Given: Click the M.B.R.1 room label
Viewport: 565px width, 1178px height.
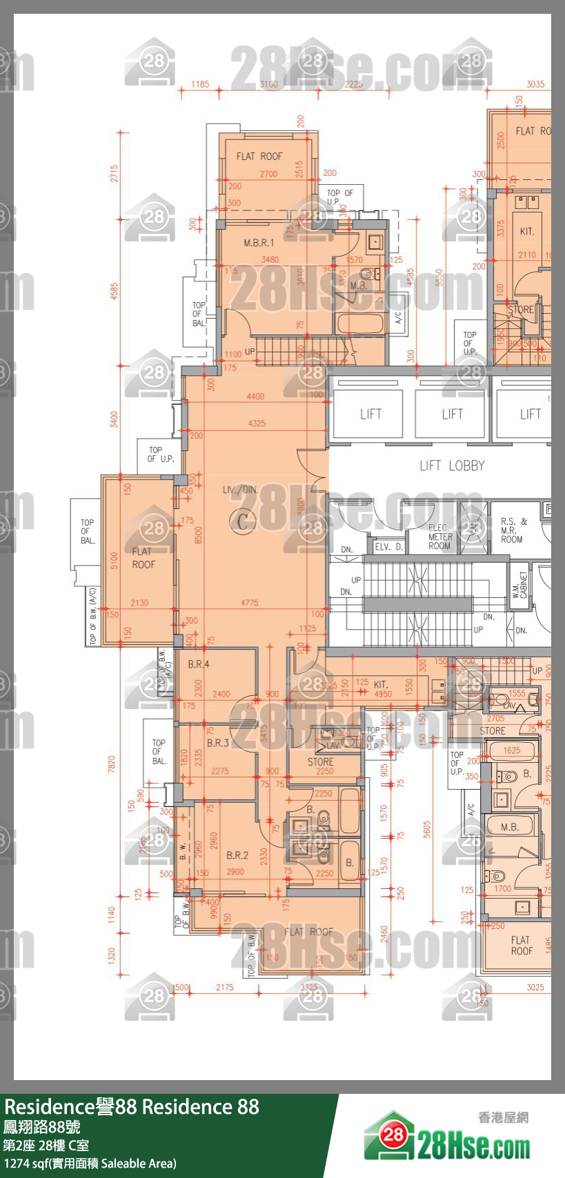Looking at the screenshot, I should click(258, 243).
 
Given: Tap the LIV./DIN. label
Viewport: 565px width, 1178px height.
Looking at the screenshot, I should click(240, 490).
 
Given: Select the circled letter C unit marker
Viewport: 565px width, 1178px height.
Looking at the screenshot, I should click(242, 521).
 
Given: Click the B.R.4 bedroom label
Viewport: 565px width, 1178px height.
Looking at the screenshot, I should click(199, 664).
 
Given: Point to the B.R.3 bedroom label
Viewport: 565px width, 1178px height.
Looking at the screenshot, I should click(217, 743).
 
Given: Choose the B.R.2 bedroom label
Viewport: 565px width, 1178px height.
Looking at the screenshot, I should click(237, 855).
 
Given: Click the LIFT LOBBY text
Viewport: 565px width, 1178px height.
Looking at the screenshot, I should click(452, 466).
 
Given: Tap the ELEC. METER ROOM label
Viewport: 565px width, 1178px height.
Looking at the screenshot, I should click(439, 537).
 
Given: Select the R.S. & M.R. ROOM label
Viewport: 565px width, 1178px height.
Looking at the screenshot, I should click(513, 530).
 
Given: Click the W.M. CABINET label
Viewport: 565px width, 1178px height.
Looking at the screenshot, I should click(519, 585).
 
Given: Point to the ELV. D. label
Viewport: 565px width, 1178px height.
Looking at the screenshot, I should click(388, 546).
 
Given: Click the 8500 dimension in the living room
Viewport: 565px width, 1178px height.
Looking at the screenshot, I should click(199, 535).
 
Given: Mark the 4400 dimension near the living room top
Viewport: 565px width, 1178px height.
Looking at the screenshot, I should click(255, 397).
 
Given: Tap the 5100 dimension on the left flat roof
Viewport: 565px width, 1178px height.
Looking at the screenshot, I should click(115, 560).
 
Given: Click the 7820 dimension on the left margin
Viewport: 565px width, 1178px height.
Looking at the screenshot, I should click(112, 764).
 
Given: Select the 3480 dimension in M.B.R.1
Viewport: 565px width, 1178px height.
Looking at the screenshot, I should click(270, 260).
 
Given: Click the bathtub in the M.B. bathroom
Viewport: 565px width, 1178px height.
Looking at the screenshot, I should click(359, 324).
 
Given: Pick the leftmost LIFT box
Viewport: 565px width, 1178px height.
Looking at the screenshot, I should click(370, 414).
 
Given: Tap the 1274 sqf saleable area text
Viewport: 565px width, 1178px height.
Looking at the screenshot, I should click(90, 1164).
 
